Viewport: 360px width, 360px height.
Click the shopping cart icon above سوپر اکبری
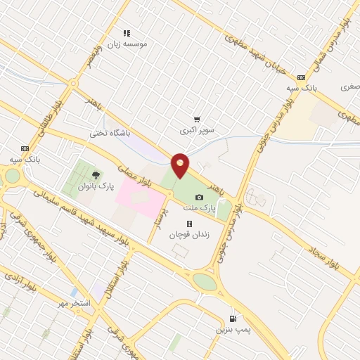197,120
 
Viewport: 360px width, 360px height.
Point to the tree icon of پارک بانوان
96,175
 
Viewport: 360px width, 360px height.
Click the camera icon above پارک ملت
200,198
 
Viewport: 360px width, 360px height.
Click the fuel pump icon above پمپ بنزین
233,319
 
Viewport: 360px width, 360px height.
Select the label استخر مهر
74,303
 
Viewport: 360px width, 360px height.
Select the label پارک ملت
215,208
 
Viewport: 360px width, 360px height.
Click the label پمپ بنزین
233,329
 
